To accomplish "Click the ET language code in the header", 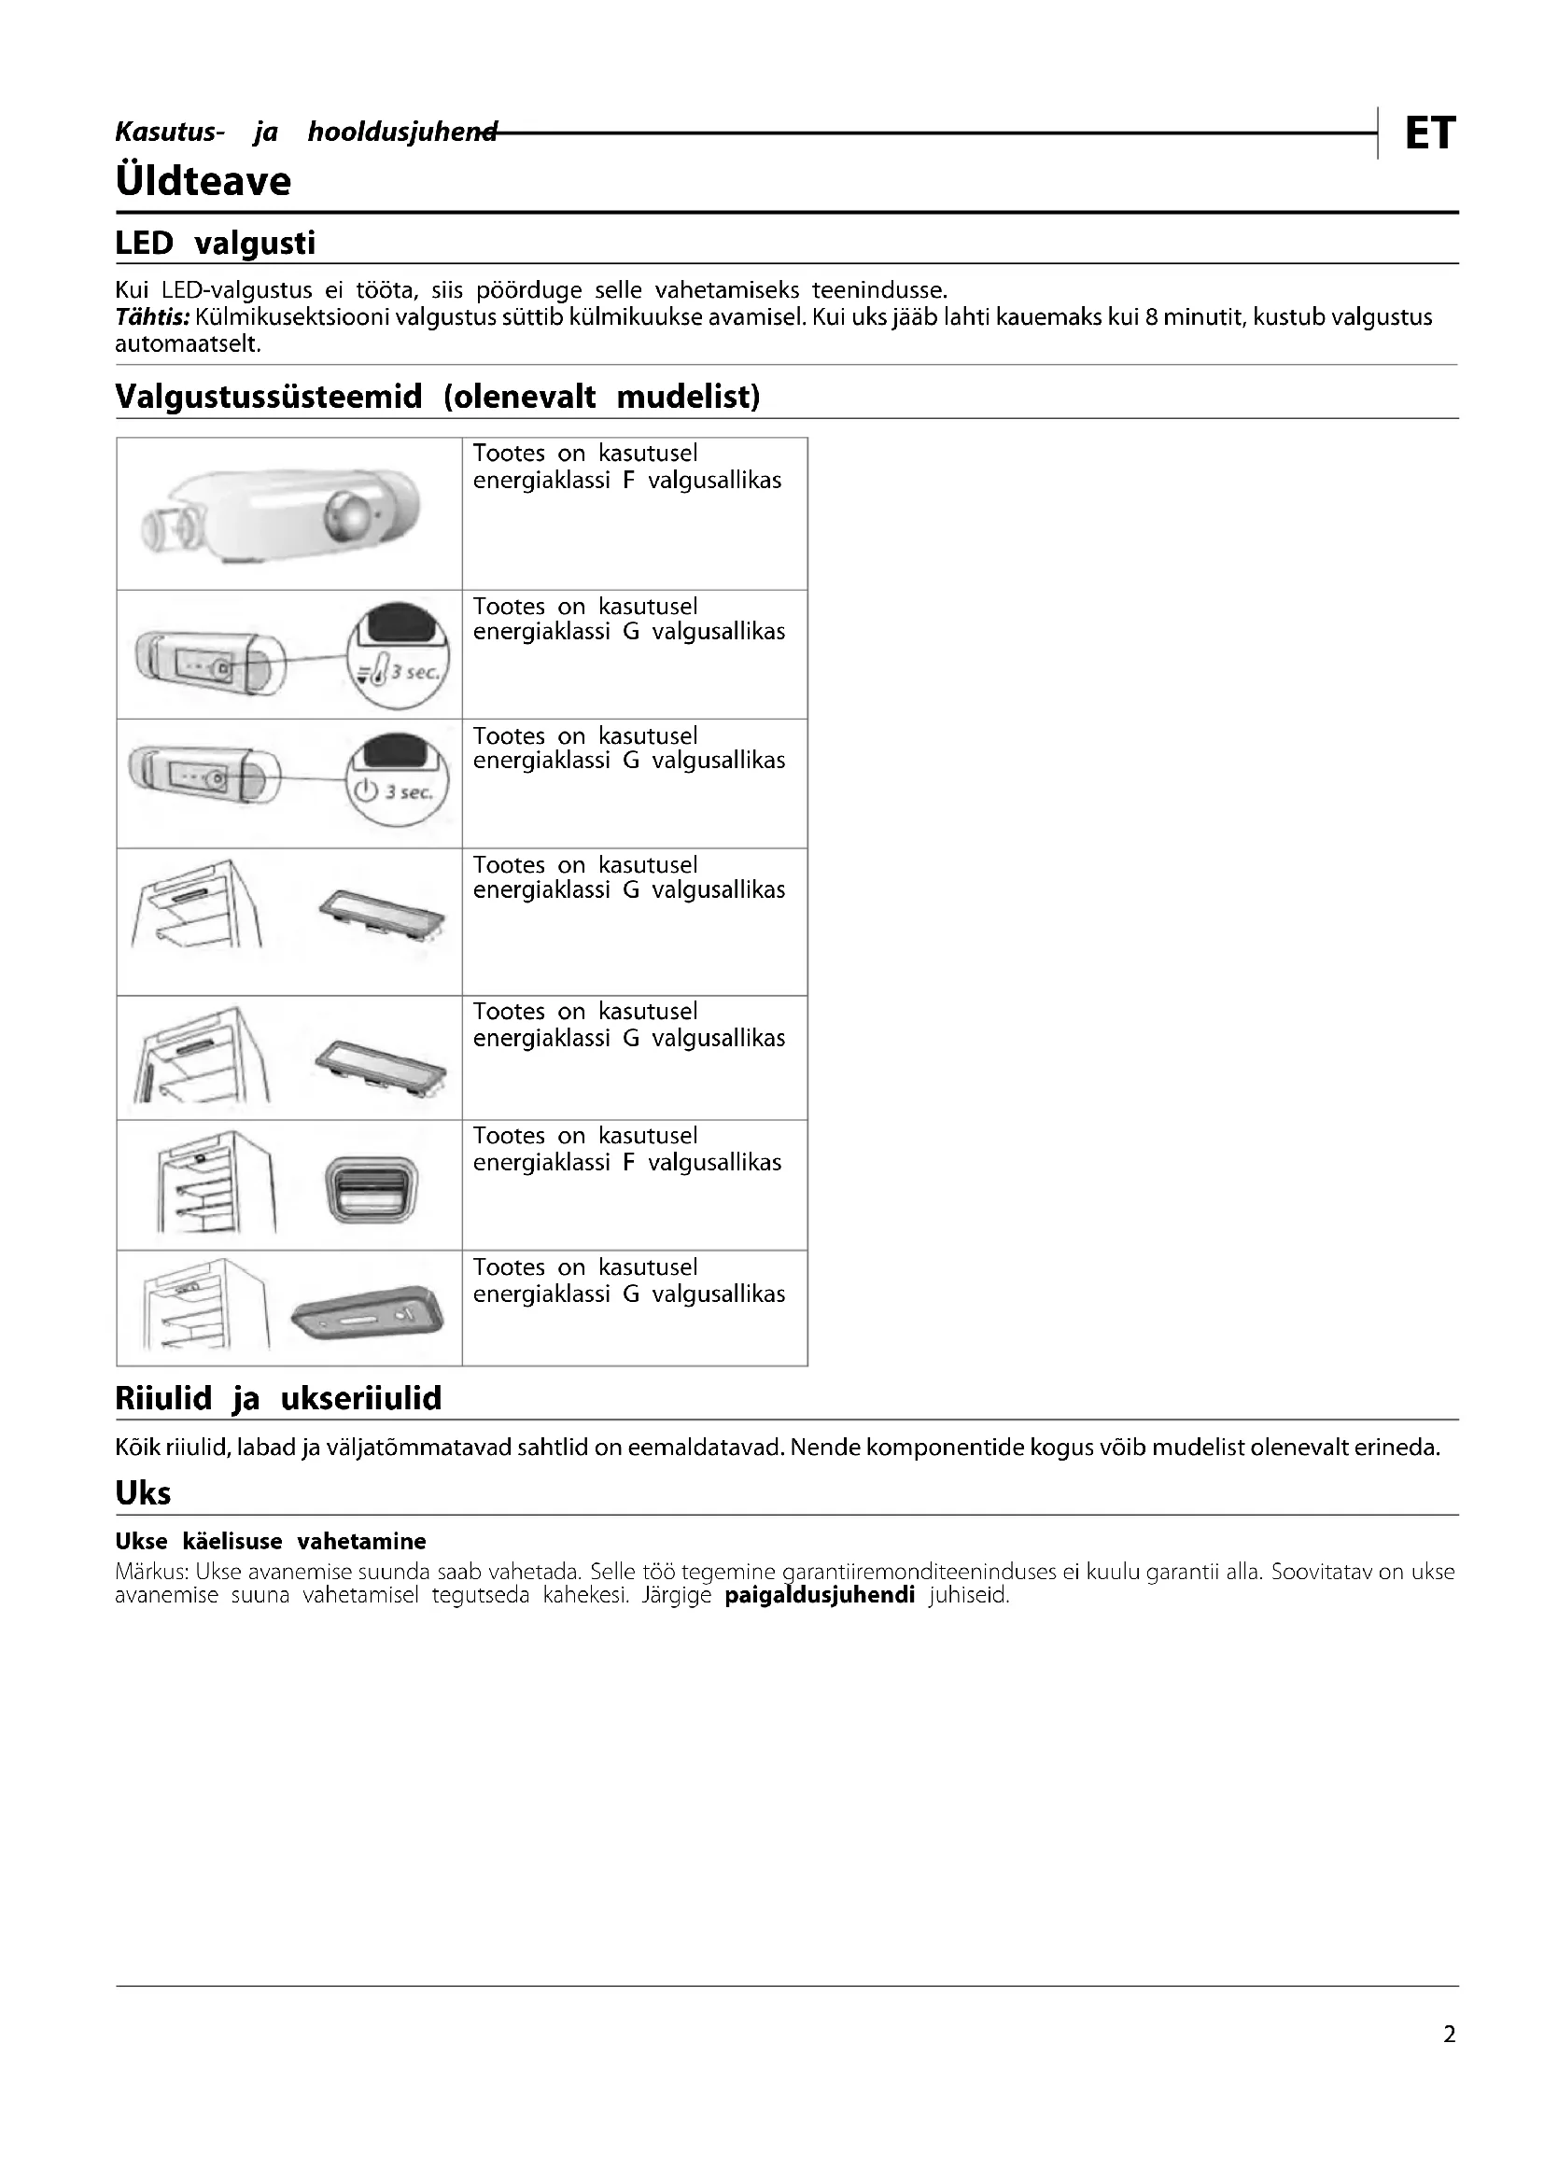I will (x=1429, y=133).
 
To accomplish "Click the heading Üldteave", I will (x=203, y=181).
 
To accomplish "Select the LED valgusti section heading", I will (x=215, y=244).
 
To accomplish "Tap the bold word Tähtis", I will (x=151, y=316).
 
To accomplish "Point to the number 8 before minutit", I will (x=1151, y=316).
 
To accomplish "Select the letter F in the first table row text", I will (x=628, y=480).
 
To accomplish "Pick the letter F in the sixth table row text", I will (x=628, y=1162).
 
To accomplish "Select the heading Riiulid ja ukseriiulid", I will (x=278, y=1399).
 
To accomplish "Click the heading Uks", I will (x=143, y=1492).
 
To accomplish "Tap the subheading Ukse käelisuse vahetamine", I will (x=270, y=1541).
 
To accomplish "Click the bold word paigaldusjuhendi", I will (x=819, y=1594).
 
